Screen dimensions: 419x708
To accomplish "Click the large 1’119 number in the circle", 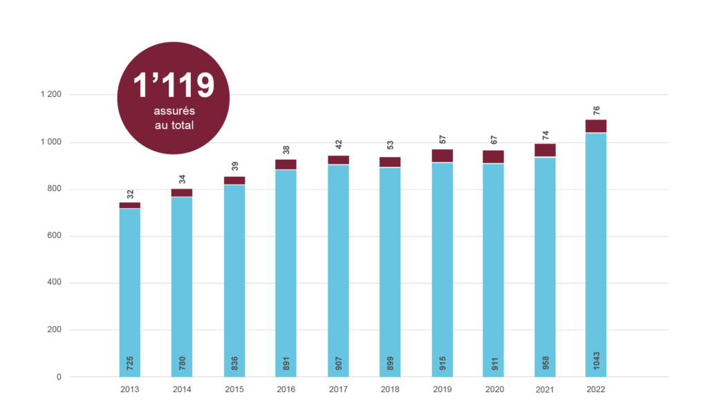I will (x=174, y=86).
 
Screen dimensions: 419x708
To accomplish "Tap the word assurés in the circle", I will (x=174, y=111).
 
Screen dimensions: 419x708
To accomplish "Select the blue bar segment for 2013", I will (x=130, y=290).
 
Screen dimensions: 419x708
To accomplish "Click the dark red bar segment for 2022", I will (x=596, y=125).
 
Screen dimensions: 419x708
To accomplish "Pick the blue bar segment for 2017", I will (x=338, y=270).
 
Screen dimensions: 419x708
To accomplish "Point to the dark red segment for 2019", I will (x=442, y=155).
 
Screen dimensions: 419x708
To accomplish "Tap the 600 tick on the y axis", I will (x=56, y=236).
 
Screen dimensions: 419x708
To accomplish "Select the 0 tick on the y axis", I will (x=60, y=378).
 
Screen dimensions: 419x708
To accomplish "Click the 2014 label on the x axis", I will (x=182, y=390).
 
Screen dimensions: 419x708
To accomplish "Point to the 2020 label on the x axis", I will (x=494, y=390).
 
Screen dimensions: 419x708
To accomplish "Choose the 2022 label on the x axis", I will (x=596, y=390).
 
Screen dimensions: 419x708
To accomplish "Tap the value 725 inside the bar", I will (x=130, y=361).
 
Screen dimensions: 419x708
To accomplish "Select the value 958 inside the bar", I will (x=545, y=361).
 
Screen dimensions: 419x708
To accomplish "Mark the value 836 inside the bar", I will (x=234, y=361).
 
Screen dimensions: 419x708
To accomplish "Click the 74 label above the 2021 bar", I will (x=545, y=134).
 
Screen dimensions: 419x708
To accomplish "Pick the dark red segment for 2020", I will (x=494, y=156).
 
